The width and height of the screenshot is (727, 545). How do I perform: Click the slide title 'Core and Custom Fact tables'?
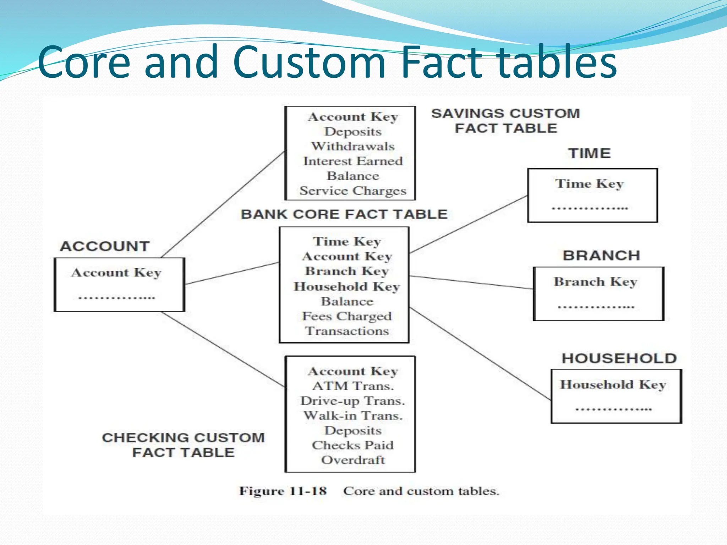coord(327,62)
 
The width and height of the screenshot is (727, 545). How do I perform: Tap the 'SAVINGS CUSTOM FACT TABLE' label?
coord(505,121)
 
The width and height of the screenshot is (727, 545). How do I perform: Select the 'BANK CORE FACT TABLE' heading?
coord(344,214)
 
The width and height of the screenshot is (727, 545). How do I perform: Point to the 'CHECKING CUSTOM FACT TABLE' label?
coord(183,445)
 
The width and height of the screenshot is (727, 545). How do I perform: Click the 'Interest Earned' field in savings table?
coord(353,161)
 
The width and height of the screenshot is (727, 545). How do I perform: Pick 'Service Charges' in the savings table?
coord(353,191)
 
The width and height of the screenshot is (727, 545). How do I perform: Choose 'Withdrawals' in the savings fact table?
coord(353,146)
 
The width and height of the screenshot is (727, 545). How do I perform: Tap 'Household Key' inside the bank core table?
coord(347,286)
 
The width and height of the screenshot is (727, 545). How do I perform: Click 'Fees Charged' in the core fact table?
coord(347,316)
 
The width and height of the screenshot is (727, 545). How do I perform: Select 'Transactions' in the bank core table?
coord(347,331)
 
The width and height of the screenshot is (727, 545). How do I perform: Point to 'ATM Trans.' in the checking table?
coord(353,386)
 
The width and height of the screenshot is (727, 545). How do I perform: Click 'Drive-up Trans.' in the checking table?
coord(353,401)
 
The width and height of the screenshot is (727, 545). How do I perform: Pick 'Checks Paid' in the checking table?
coord(353,445)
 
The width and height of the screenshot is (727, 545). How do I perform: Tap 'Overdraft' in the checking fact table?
coord(353,460)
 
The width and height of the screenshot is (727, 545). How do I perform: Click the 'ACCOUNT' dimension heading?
coord(105,246)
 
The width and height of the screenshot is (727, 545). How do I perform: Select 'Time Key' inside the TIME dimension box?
coord(589,184)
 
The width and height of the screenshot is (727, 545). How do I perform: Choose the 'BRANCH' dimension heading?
coord(601,255)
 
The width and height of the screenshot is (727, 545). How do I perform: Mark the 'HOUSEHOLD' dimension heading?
coord(619,358)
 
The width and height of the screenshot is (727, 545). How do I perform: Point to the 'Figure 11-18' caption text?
coord(283,491)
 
